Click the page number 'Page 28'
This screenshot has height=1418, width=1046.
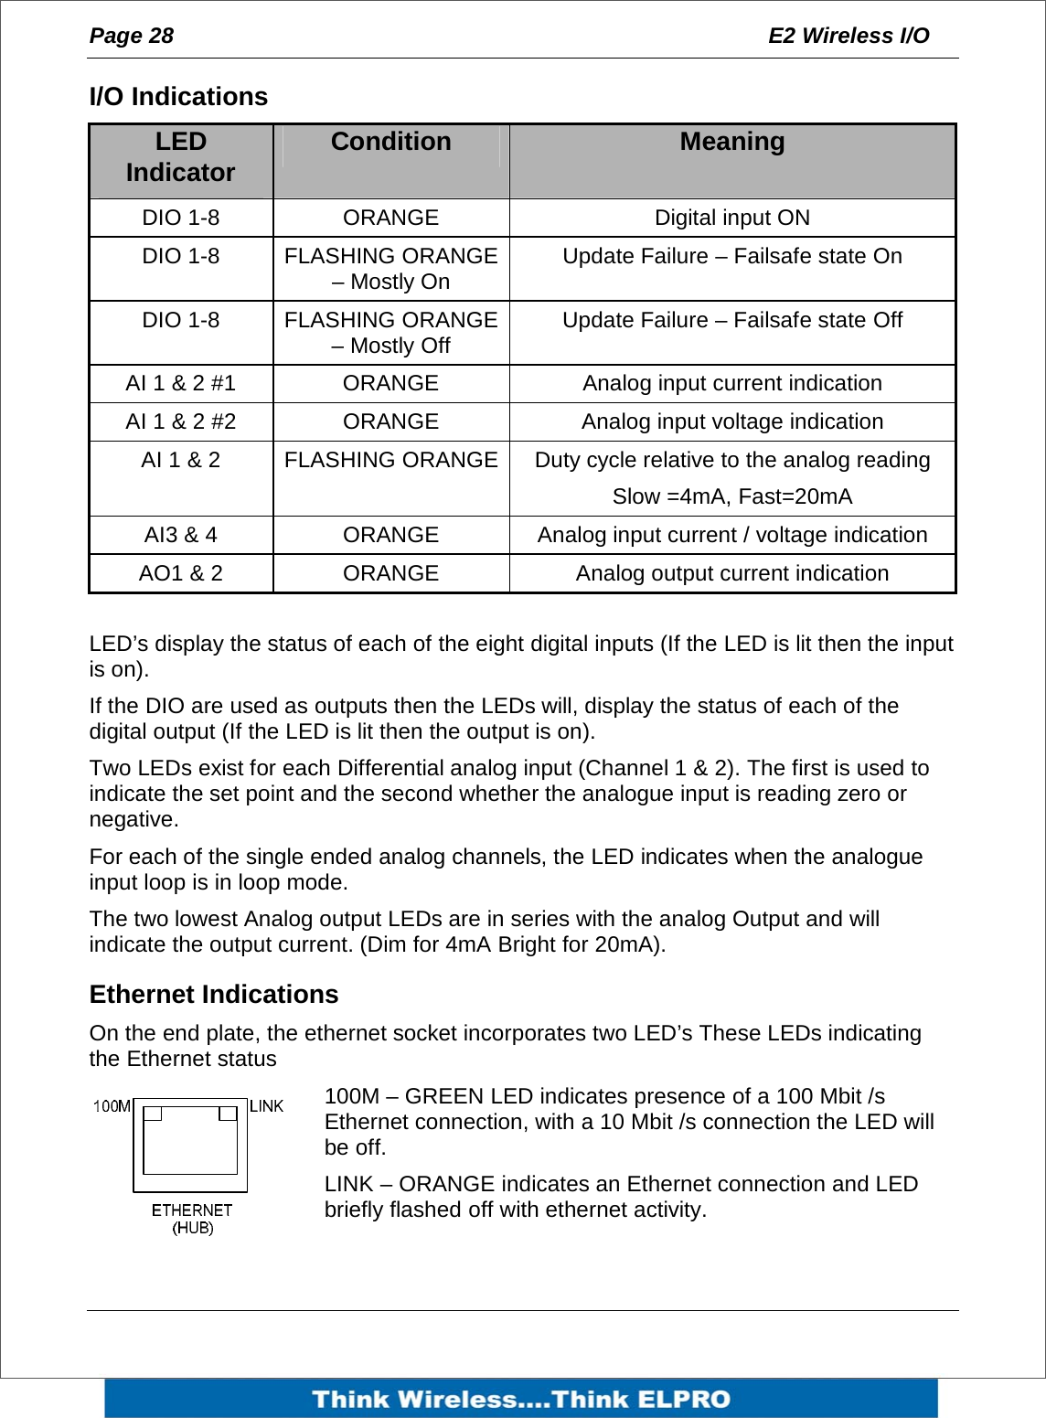pos(131,36)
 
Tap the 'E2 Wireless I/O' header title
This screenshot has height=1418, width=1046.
pos(848,36)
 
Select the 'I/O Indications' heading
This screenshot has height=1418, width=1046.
pos(178,97)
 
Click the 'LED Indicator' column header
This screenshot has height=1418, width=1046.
pos(180,157)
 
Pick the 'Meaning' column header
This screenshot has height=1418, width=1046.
pos(731,142)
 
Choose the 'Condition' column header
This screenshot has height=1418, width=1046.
pos(390,142)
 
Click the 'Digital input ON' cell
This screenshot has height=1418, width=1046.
pos(731,218)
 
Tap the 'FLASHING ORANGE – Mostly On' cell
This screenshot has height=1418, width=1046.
pos(390,269)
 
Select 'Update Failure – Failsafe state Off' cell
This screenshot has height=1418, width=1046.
pos(731,320)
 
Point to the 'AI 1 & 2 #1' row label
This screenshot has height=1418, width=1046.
pos(180,383)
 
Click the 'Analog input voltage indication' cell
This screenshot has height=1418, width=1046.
pos(731,421)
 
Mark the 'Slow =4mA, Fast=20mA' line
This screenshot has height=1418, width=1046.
pos(731,496)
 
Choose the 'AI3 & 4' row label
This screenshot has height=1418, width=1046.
pos(180,535)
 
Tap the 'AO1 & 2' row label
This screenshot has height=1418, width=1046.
pos(180,573)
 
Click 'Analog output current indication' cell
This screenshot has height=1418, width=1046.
pos(731,573)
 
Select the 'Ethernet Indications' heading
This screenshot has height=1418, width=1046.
pos(214,995)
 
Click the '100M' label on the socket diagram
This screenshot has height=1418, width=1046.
pos(112,1106)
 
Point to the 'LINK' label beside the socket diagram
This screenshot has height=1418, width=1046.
pos(266,1106)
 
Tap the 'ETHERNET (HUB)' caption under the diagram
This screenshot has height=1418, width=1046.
pos(192,1219)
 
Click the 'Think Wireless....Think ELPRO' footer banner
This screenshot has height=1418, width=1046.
pos(521,1399)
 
